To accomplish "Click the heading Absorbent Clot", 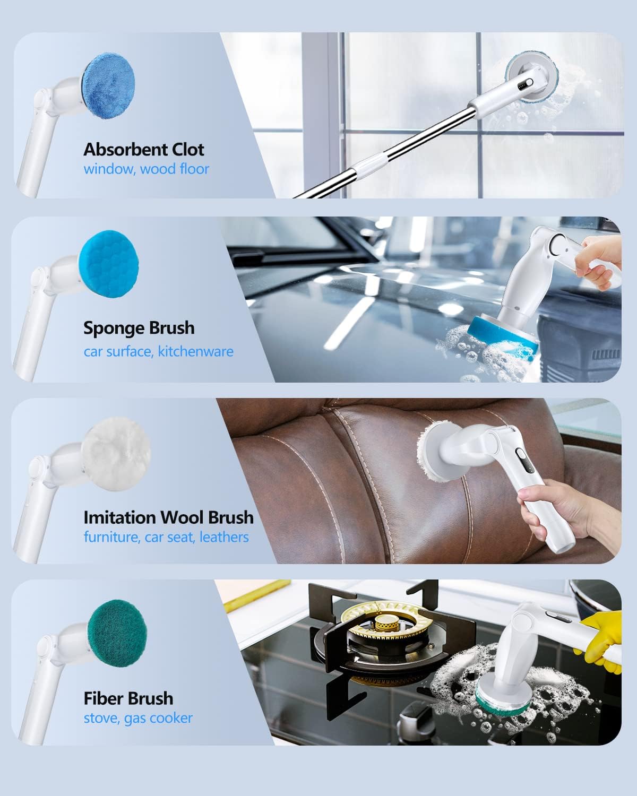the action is pyautogui.click(x=144, y=150).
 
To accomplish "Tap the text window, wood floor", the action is pyautogui.click(x=146, y=169).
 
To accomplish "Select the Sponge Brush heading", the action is pyautogui.click(x=139, y=328).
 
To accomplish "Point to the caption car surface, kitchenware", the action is pyautogui.click(x=158, y=351).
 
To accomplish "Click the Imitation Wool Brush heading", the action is pyautogui.click(x=168, y=517).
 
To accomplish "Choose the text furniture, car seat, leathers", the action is pyautogui.click(x=166, y=537).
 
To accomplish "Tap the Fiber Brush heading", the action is pyautogui.click(x=128, y=699).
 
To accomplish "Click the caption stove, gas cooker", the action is pyautogui.click(x=138, y=719).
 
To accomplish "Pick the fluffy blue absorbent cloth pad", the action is pyautogui.click(x=108, y=86).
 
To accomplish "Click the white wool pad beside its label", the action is pyautogui.click(x=116, y=454).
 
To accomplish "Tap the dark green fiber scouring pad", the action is pyautogui.click(x=117, y=633).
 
